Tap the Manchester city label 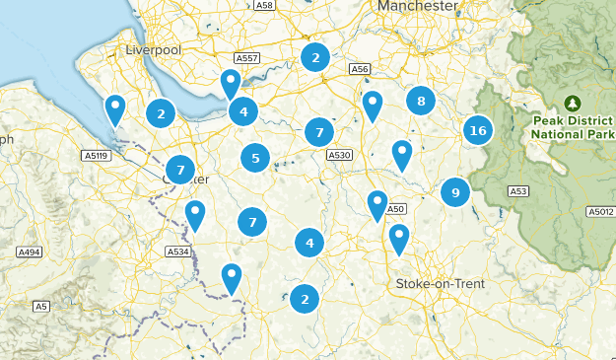pos(417,6)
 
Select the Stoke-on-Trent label pos(440,284)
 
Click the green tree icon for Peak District pos(573,102)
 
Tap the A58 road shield pos(264,5)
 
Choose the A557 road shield pos(248,58)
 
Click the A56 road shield pos(360,68)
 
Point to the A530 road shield pos(339,155)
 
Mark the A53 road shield pos(518,190)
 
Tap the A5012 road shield pos(600,212)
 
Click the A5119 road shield pos(96,155)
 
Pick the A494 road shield pos(29,252)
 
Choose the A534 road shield pos(177,252)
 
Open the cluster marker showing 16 pos(478,130)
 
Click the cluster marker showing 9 pos(454,191)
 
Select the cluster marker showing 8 pos(421,100)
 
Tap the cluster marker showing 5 pos(255,157)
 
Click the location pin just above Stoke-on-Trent pos(398,238)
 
